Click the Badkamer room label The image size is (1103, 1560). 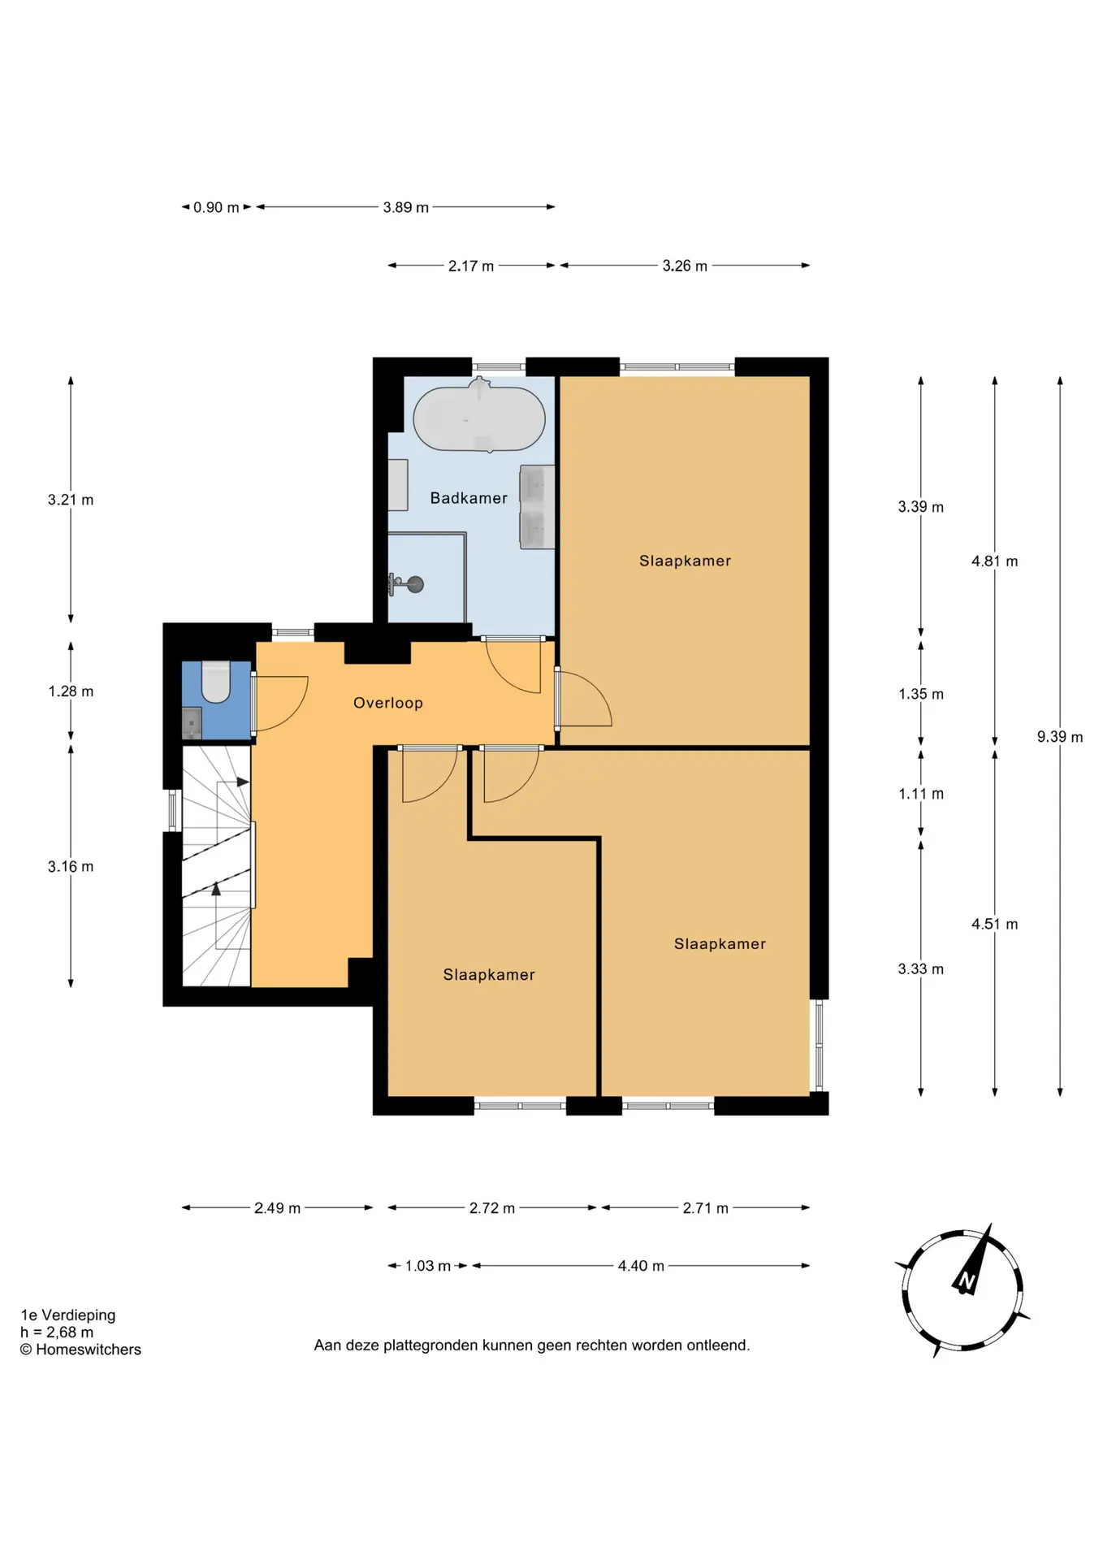[x=469, y=498]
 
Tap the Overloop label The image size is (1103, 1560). [x=388, y=703]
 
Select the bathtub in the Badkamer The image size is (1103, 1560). [x=479, y=417]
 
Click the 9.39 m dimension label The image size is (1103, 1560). [x=1060, y=737]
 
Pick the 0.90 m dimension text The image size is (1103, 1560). [x=216, y=207]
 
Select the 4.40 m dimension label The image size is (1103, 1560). [x=641, y=1266]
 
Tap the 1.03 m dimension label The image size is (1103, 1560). [x=428, y=1266]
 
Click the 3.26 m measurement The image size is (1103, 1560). [x=685, y=266]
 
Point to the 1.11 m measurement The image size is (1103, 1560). [x=921, y=794]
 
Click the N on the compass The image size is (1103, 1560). [x=967, y=1281]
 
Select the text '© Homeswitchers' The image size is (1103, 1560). [x=80, y=1350]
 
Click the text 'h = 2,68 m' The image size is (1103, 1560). [x=57, y=1332]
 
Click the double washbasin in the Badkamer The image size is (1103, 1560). [x=537, y=507]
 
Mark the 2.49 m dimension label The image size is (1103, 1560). [x=277, y=1208]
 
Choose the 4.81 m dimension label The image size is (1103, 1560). [x=995, y=561]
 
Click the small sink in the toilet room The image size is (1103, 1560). [x=192, y=721]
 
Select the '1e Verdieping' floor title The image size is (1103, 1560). [x=68, y=1315]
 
